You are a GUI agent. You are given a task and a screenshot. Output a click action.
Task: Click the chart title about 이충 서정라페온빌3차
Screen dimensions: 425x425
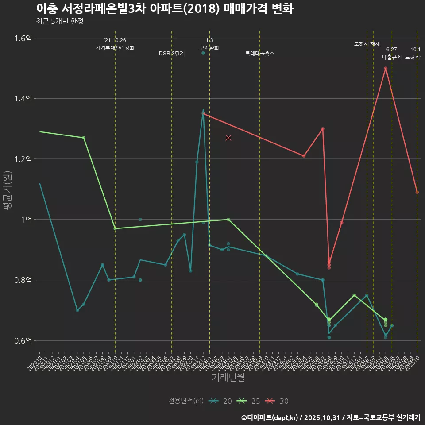pyautogui.click(x=164, y=9)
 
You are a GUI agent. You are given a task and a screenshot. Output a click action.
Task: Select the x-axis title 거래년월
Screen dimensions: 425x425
pyautogui.click(x=228, y=378)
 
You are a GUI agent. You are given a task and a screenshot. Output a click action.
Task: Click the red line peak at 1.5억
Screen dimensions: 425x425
pyautogui.click(x=386, y=68)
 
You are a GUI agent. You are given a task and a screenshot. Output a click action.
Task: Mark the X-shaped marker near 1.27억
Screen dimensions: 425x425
pyautogui.click(x=228, y=138)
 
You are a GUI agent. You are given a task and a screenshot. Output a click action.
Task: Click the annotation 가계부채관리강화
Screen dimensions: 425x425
pyautogui.click(x=115, y=48)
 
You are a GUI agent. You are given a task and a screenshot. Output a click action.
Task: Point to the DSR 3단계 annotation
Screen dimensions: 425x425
pyautogui.click(x=172, y=54)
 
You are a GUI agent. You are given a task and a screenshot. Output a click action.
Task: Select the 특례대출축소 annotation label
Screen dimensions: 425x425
pyautogui.click(x=260, y=54)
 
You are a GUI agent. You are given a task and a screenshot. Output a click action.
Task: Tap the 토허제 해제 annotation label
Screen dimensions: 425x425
pyautogui.click(x=367, y=44)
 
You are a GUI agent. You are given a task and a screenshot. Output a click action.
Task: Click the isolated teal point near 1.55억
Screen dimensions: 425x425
pyautogui.click(x=203, y=53)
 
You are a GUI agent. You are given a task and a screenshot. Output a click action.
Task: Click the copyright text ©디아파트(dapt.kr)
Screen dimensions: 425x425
pyautogui.click(x=270, y=417)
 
